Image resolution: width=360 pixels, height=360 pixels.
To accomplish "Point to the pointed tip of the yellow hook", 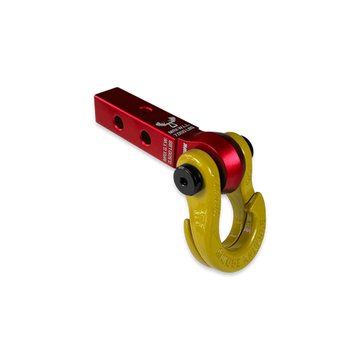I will click(186, 227).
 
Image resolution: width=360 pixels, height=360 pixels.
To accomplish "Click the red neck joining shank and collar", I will click(203, 142).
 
